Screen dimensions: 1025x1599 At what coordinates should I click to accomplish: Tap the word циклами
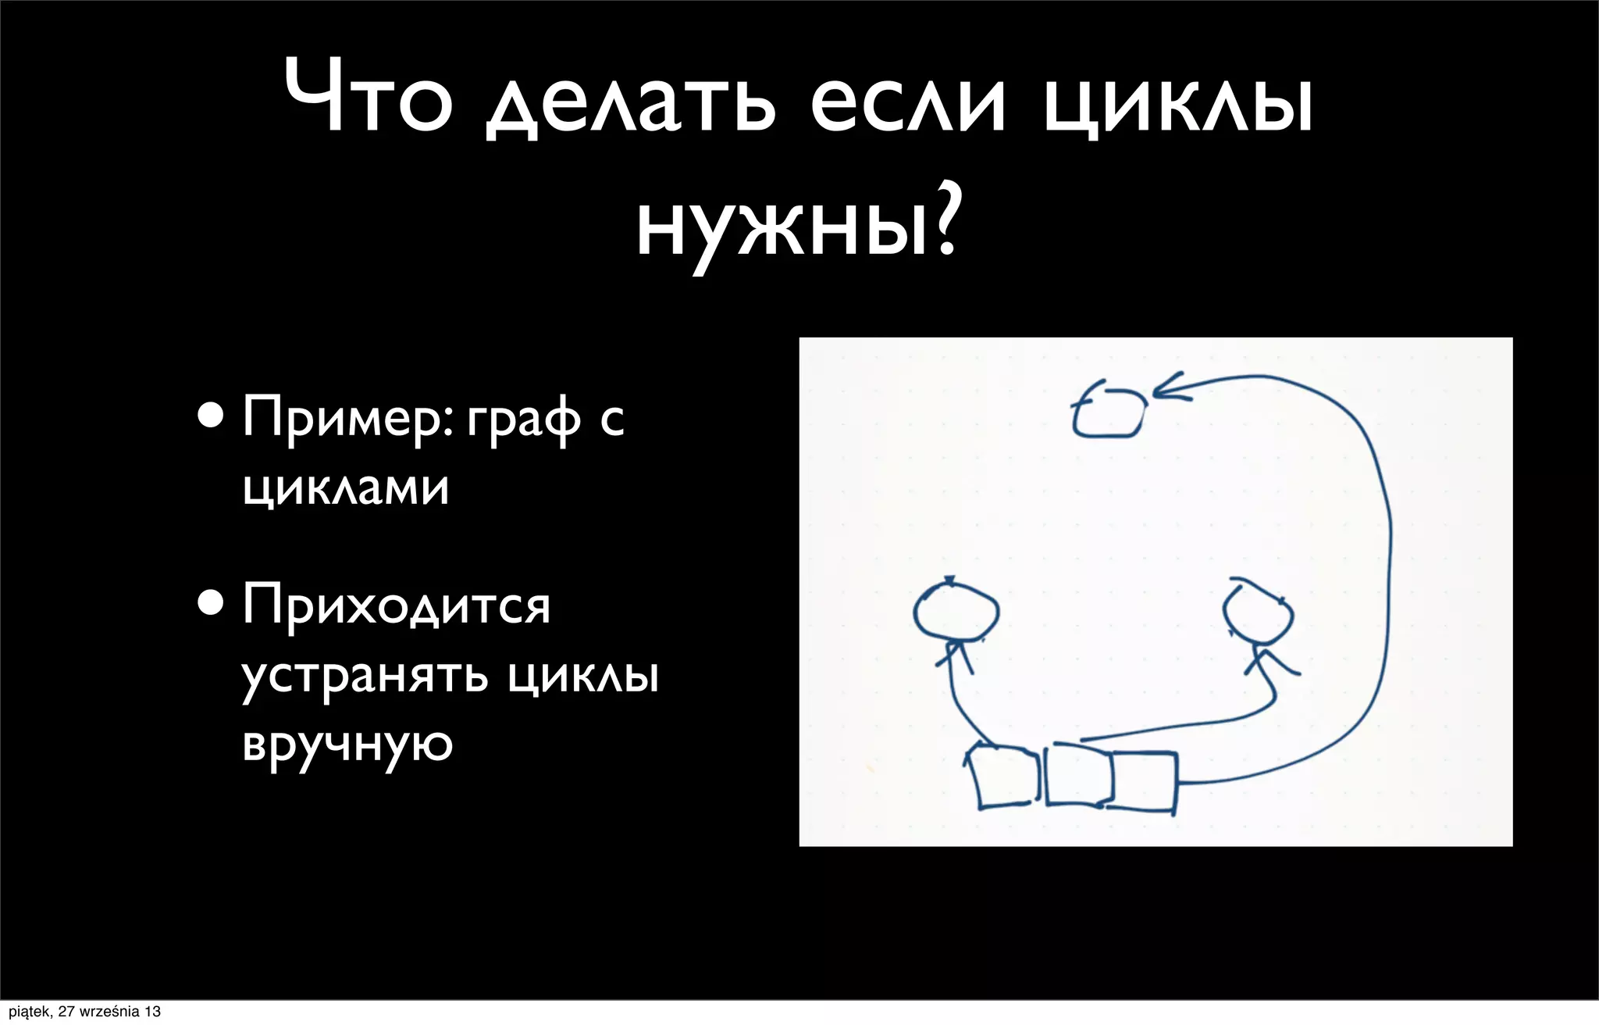[x=345, y=488]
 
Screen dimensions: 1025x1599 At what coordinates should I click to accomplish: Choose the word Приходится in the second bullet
[x=396, y=605]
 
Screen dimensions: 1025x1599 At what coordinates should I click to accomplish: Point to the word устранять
[x=365, y=676]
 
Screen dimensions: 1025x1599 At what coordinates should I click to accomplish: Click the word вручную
[x=347, y=745]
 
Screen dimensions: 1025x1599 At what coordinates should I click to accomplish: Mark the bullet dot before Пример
[x=210, y=416]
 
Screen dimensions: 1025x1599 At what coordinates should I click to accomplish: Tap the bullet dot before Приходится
[x=210, y=603]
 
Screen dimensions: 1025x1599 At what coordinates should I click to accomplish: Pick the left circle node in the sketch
[x=956, y=612]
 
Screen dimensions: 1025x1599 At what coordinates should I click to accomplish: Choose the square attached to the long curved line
[x=1144, y=781]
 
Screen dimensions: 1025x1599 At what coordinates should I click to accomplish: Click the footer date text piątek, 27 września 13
[x=84, y=1012]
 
